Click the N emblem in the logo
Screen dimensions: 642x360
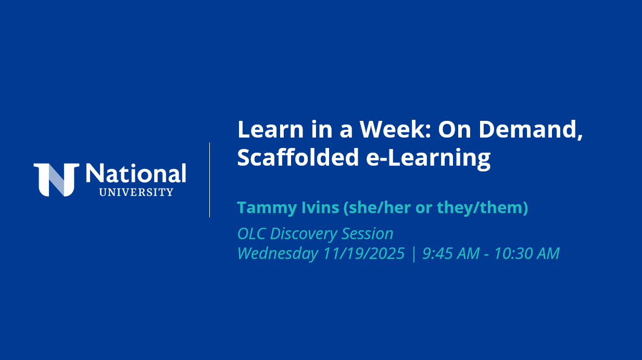(x=56, y=180)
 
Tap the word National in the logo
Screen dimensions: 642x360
(x=136, y=173)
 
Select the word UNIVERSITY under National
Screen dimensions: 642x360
(x=136, y=192)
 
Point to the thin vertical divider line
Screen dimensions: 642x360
(x=209, y=180)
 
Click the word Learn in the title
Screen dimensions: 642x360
(x=271, y=129)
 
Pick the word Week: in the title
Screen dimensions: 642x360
(x=396, y=129)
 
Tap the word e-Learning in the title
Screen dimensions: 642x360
(x=428, y=158)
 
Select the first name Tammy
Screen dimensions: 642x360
(x=267, y=208)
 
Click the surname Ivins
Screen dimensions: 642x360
(x=320, y=207)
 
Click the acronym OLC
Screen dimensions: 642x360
(x=251, y=233)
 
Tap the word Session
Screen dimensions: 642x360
(x=368, y=233)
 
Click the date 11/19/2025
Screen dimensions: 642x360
(x=364, y=253)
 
